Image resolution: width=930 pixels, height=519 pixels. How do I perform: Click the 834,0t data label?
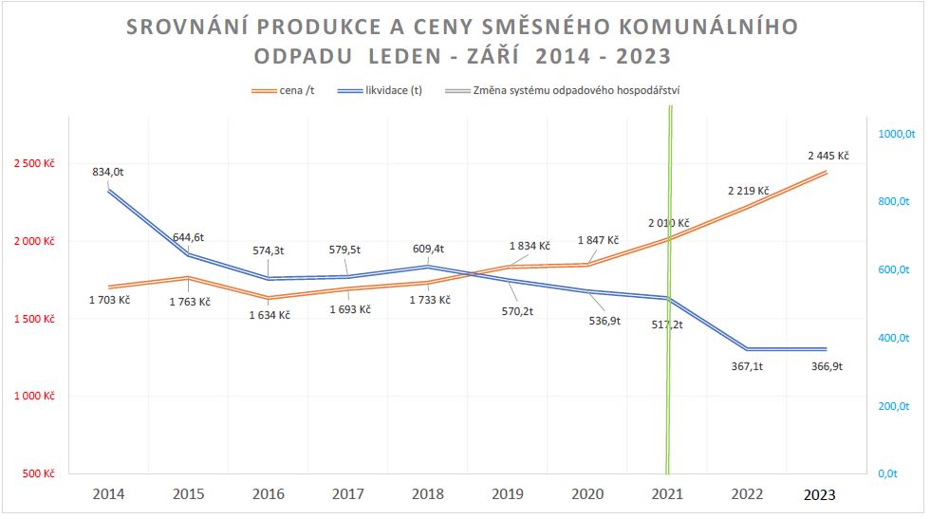pos(108,173)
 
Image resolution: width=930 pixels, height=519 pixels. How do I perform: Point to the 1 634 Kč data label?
pos(270,315)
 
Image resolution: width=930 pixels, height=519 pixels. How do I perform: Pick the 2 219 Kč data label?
pos(749,190)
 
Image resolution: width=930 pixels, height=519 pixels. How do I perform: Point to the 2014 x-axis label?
pos(108,494)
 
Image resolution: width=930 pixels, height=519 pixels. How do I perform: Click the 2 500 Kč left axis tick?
pos(34,163)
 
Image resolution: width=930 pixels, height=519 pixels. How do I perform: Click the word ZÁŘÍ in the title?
pos(496,56)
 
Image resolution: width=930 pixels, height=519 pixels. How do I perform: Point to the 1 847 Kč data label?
pos(597,240)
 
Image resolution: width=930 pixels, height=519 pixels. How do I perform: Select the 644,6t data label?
pos(188,237)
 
